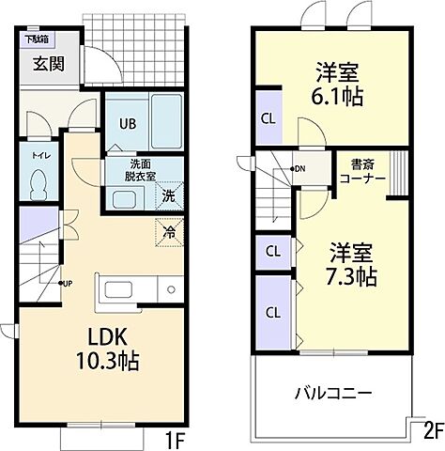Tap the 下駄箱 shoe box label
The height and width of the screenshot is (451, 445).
point(37,39)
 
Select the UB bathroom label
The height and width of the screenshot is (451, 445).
point(126,121)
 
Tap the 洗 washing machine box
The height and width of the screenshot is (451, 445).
point(168,197)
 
